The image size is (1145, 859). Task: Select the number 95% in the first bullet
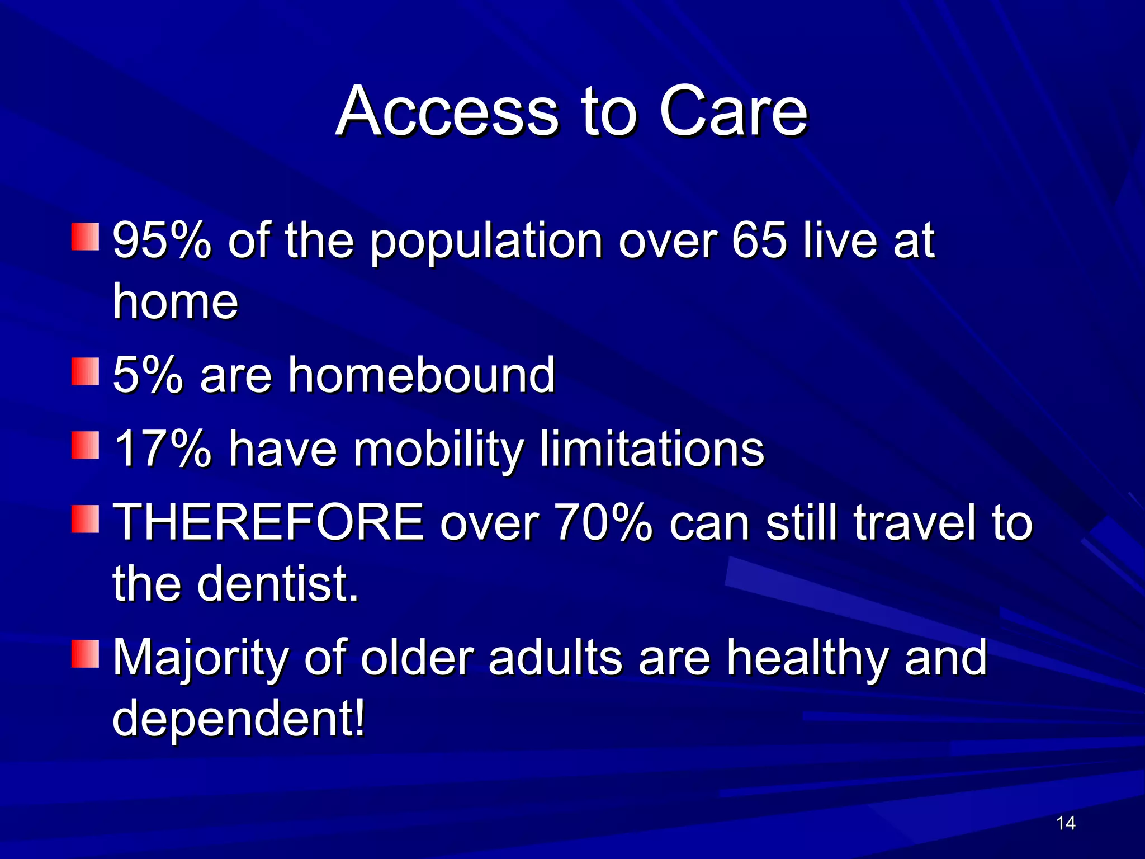click(x=162, y=240)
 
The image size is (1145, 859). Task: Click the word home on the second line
click(x=175, y=302)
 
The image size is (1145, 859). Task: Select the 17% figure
click(x=162, y=449)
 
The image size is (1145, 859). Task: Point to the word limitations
click(x=651, y=449)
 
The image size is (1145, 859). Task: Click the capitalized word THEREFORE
click(x=268, y=522)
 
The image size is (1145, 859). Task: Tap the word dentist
click(x=277, y=584)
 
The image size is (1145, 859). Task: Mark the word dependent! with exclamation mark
click(x=238, y=720)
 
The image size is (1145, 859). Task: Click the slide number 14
click(x=1066, y=823)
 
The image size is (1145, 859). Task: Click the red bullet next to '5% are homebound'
click(x=85, y=372)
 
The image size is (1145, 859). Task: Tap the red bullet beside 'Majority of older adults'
click(x=85, y=655)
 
